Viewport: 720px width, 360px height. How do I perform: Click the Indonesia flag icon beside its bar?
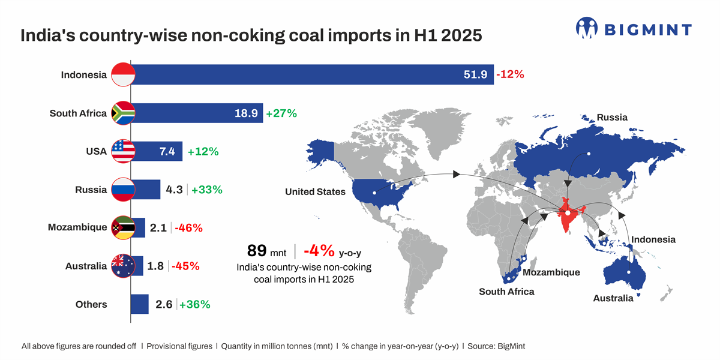click(x=124, y=75)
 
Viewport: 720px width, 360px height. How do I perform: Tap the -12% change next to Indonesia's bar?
click(x=511, y=75)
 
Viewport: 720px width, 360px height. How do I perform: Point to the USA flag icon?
click(x=124, y=152)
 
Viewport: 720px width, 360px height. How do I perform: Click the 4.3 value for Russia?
click(x=174, y=190)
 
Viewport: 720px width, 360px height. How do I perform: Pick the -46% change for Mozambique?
click(x=188, y=228)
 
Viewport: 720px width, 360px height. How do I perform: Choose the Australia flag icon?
click(x=124, y=266)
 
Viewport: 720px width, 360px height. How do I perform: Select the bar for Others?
click(x=139, y=304)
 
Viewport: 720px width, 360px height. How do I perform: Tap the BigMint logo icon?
click(x=588, y=28)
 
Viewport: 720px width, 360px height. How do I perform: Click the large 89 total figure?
click(x=257, y=250)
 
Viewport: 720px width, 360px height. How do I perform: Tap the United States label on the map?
click(x=315, y=192)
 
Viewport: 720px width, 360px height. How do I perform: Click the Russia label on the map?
click(x=612, y=118)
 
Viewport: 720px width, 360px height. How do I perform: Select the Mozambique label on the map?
click(x=551, y=272)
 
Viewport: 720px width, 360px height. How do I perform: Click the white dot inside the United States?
click(x=374, y=193)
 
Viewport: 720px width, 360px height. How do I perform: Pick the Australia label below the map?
click(x=613, y=298)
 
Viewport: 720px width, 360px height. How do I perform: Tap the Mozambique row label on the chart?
click(x=77, y=227)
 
